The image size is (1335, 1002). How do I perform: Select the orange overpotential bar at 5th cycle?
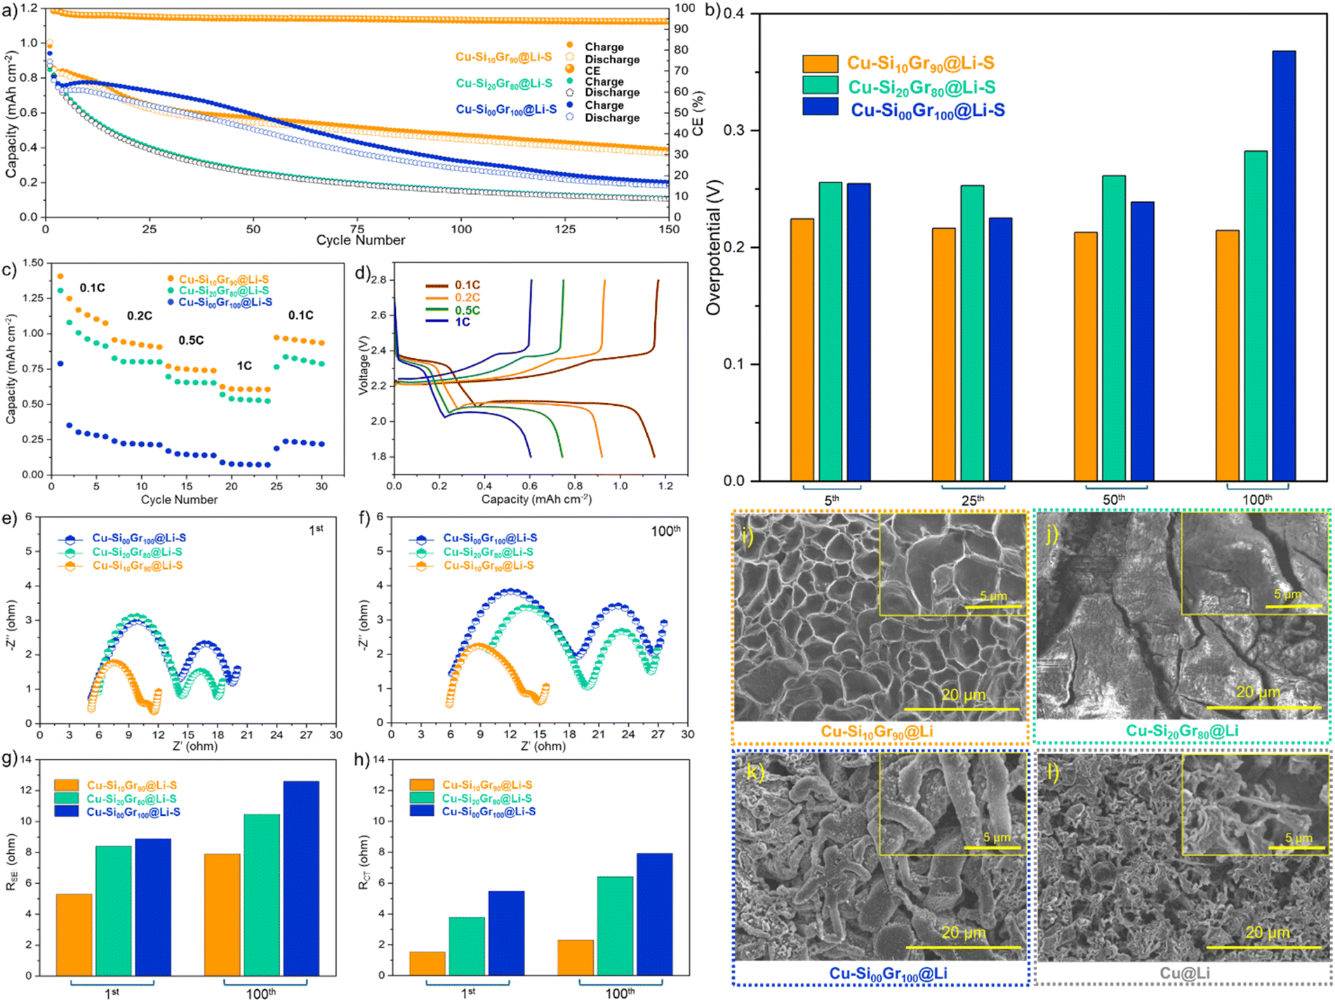802,350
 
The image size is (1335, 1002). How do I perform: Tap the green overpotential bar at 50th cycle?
1114,328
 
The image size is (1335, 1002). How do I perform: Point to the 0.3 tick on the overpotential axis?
736,131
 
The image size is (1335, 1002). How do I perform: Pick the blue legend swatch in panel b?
821,107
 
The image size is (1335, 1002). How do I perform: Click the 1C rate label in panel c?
244,366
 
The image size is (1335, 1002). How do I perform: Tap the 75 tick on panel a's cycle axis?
357,229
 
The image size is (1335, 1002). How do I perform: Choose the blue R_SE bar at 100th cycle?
301,878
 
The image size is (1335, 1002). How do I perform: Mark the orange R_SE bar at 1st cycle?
74,935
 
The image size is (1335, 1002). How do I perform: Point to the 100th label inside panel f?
666,531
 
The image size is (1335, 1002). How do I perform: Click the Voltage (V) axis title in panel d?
364,364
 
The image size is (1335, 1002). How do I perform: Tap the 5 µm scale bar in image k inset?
992,848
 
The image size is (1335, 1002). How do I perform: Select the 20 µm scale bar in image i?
962,709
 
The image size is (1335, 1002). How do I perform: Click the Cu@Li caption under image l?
1185,973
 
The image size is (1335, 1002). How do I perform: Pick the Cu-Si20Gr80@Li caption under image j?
1182,731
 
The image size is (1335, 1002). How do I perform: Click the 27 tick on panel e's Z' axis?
306,734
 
